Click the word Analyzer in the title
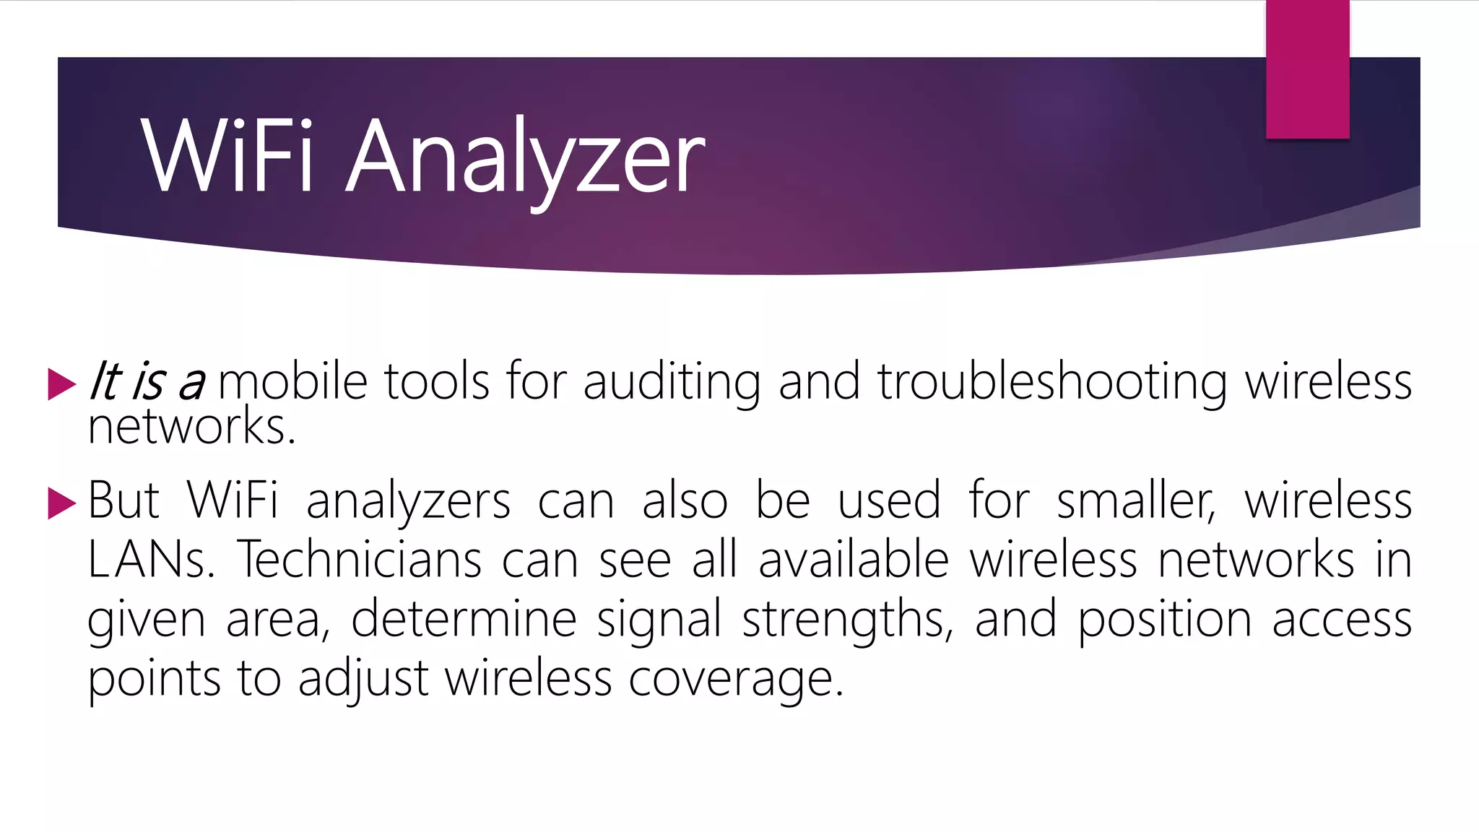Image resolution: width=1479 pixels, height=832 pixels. click(x=525, y=157)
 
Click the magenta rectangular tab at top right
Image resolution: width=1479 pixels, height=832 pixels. click(x=1307, y=69)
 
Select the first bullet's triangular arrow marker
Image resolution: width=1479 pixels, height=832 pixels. click(x=61, y=383)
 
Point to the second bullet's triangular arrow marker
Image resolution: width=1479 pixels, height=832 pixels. click(x=61, y=503)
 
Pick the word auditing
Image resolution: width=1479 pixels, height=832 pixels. click(x=671, y=383)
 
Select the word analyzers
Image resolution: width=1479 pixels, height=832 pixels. click(x=409, y=502)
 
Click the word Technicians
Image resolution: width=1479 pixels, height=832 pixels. click(x=359, y=560)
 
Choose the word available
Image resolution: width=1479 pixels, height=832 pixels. click(x=854, y=560)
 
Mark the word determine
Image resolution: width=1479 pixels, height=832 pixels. click(x=464, y=619)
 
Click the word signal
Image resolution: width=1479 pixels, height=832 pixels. click(x=659, y=620)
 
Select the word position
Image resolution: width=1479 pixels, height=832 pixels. click(x=1164, y=620)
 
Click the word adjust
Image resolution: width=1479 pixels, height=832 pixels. click(x=363, y=680)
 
